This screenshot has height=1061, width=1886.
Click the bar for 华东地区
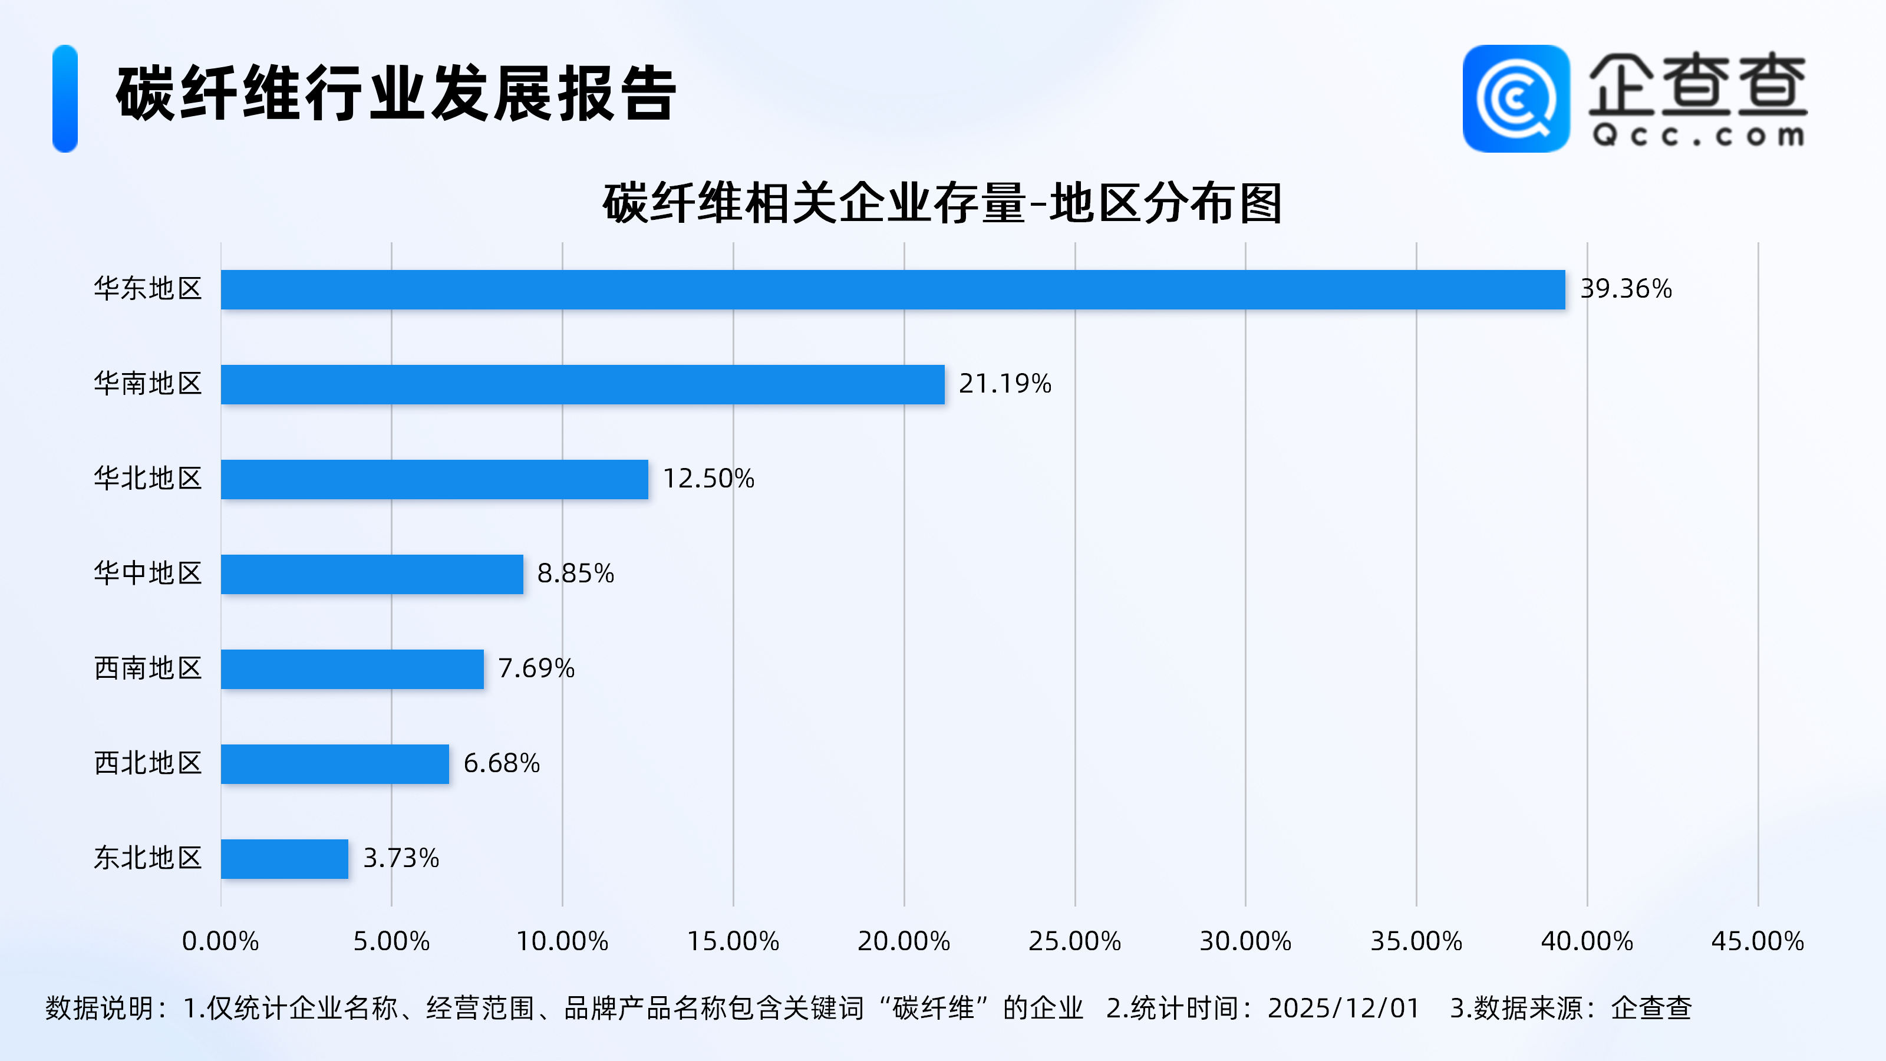[x=892, y=289]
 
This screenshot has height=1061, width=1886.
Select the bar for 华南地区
[x=582, y=384]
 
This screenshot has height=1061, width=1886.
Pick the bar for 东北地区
[x=284, y=858]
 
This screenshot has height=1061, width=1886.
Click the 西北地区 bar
[x=335, y=764]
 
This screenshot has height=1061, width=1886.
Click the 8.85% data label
[x=575, y=574]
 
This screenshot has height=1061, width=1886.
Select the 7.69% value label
[x=536, y=668]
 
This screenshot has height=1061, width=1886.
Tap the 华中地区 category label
[x=148, y=574]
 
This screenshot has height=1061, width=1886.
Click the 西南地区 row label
[x=148, y=668]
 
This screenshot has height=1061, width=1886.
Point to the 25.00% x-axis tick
[x=1074, y=941]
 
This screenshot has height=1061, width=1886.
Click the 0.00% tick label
[x=220, y=941]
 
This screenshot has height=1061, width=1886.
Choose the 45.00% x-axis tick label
[x=1757, y=941]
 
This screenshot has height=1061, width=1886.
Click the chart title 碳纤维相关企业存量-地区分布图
[x=942, y=203]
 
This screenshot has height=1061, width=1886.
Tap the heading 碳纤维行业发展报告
[x=395, y=93]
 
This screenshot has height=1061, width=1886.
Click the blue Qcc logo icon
[x=1515, y=99]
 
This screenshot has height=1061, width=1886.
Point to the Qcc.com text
[x=1698, y=136]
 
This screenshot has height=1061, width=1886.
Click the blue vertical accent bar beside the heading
[x=65, y=99]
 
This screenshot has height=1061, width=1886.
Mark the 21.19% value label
[x=1004, y=384]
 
